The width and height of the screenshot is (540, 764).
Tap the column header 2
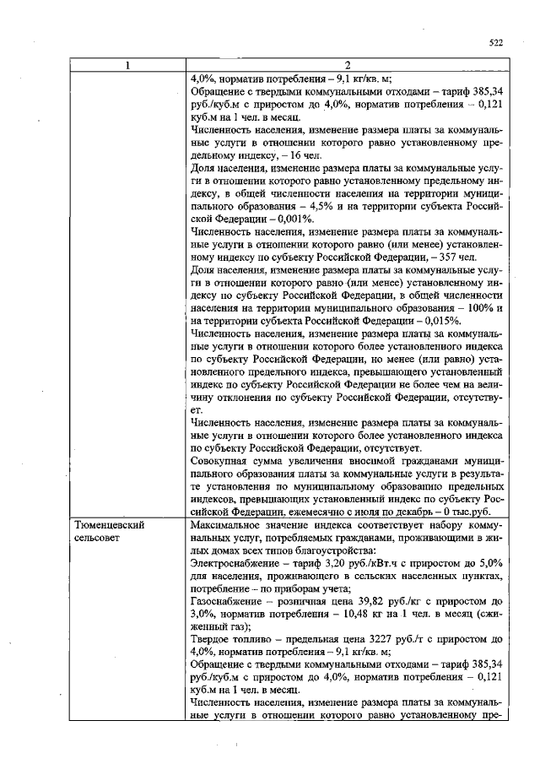click(347, 66)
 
